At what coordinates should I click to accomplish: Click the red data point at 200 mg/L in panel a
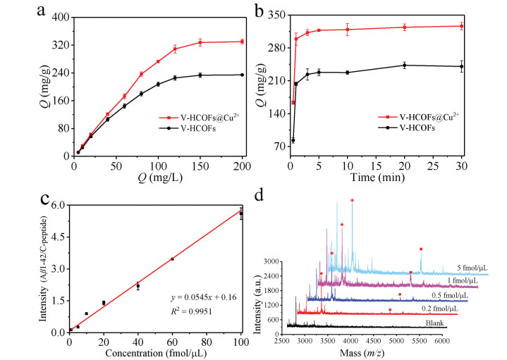point(243,42)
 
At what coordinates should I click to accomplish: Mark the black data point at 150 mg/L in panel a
point(200,75)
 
